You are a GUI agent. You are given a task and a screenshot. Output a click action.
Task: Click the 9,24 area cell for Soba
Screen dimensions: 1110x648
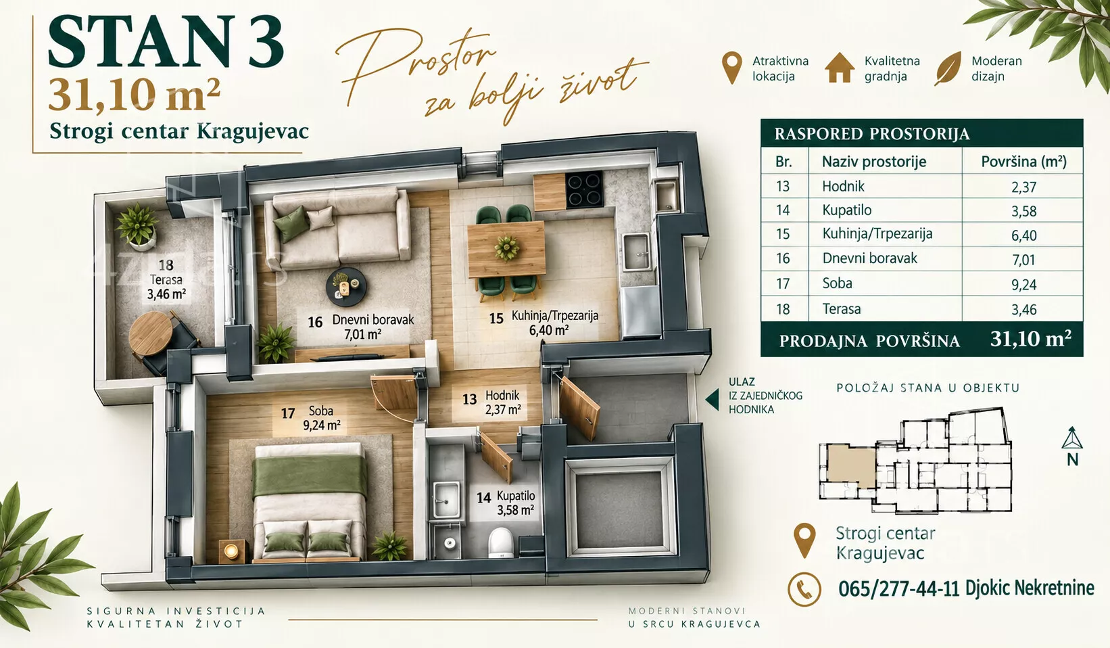point(1023,285)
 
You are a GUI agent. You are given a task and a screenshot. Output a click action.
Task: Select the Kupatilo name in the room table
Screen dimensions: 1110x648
point(847,210)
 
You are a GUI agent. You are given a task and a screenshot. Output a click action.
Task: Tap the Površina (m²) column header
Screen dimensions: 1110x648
point(1023,162)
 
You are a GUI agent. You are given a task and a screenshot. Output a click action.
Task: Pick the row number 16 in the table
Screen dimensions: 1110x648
point(783,258)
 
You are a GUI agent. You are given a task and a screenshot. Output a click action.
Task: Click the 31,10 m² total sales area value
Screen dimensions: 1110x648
point(1031,339)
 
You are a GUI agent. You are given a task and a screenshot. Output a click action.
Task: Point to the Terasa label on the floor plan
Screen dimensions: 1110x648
point(166,279)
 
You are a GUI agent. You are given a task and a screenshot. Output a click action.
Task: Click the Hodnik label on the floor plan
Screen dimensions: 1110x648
point(502,396)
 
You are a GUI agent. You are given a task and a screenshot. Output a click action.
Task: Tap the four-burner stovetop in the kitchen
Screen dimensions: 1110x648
point(584,189)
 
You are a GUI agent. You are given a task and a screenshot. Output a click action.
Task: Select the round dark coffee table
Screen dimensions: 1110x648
point(346,287)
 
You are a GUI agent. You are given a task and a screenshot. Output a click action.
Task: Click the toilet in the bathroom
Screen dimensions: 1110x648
point(500,542)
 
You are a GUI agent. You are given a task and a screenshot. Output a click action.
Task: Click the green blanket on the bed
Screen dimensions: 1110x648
point(310,475)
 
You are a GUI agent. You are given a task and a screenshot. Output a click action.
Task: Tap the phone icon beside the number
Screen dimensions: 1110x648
point(804,589)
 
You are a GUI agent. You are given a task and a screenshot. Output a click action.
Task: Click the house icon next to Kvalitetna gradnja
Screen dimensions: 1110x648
point(839,68)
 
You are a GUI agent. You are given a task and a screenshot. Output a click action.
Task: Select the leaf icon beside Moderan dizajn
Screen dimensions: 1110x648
point(948,68)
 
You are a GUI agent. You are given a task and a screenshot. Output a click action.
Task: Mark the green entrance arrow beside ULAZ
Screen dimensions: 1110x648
point(712,400)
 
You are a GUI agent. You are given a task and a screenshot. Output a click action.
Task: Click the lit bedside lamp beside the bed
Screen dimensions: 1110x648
point(231,551)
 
